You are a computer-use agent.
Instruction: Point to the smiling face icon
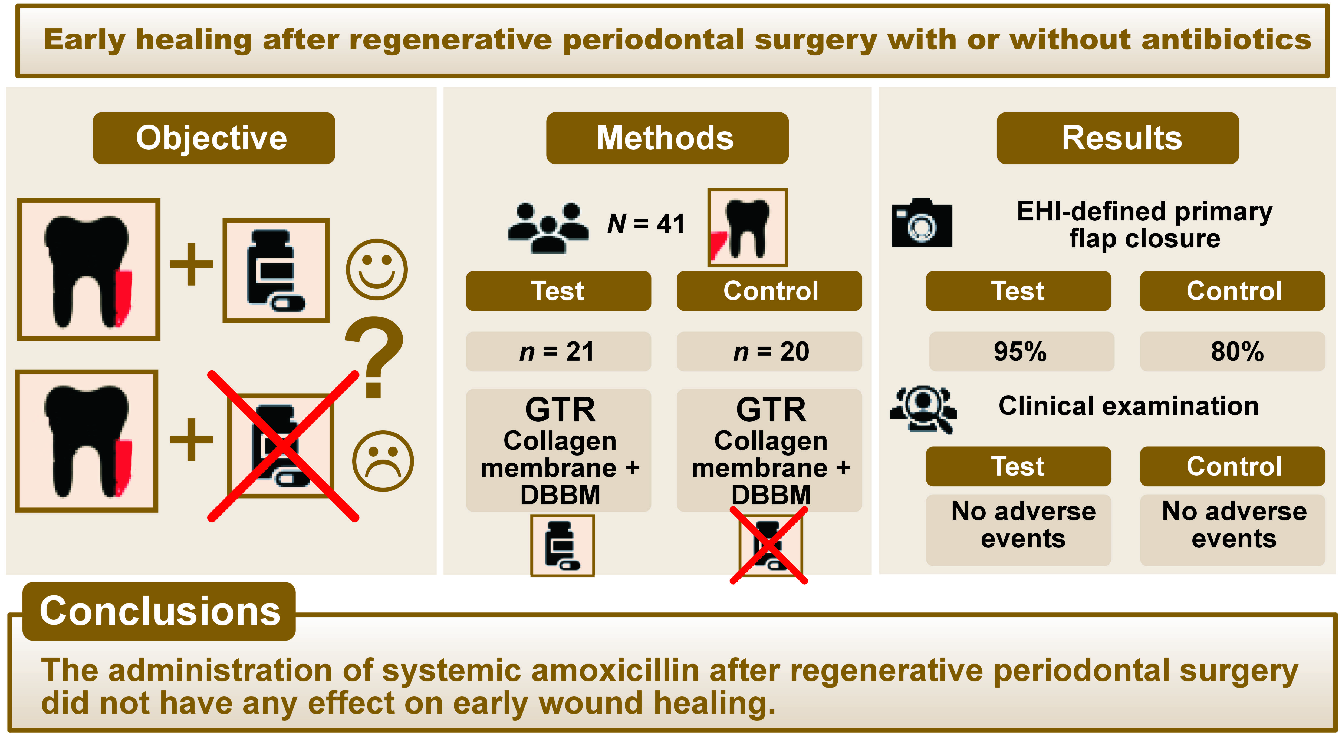point(377,269)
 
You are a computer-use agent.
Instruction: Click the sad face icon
point(383,460)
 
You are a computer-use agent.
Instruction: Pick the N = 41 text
point(646,224)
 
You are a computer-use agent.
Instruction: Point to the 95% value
point(1020,351)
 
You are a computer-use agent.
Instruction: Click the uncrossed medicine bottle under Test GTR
point(562,545)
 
